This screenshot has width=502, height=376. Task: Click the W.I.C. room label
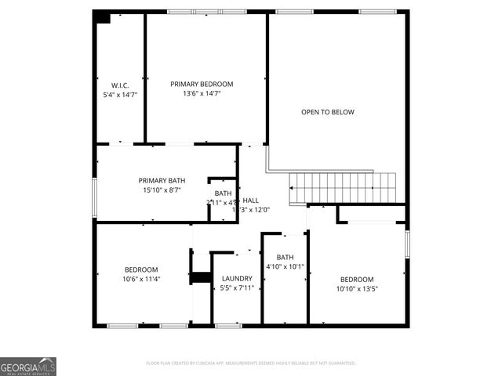[x=119, y=84]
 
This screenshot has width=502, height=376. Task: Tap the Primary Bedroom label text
[x=202, y=84]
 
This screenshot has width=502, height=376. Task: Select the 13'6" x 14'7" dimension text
[x=202, y=93]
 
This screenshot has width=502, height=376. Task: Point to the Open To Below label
[x=328, y=112]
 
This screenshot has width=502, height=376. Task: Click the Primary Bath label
[x=162, y=180]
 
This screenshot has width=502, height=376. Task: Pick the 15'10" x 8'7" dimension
[x=162, y=190]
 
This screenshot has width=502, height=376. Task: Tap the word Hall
[x=251, y=201]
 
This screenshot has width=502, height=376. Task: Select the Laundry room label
[x=237, y=279]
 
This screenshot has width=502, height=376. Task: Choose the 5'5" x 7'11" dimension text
[x=237, y=288]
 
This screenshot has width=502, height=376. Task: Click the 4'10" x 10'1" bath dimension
[x=285, y=266]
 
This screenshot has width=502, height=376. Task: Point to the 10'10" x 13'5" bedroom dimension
[x=357, y=289]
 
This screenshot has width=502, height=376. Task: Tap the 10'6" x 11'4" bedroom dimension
[x=141, y=279]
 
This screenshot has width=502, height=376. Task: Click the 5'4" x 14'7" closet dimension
[x=120, y=94]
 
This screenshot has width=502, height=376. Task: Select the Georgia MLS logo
[x=28, y=367]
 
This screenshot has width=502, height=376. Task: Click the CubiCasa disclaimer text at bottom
[x=251, y=363]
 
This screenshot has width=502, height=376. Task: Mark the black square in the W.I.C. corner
[x=102, y=17]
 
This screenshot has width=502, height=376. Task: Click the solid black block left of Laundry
[x=201, y=277]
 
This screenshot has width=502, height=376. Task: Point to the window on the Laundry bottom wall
[x=227, y=325]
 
